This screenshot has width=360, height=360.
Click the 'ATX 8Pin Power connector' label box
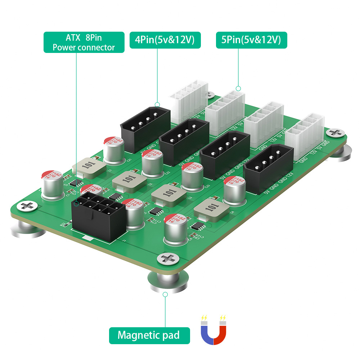pos(84,42)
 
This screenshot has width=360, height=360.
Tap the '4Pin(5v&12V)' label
pos(165,40)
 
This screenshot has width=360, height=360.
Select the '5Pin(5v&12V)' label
pos(251,40)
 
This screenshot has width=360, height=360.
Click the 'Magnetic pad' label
pos(149,336)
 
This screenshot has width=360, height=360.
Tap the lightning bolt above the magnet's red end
pos(223,318)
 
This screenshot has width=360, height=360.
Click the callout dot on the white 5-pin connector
pos(238,88)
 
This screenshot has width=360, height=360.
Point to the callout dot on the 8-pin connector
pos(76,204)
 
